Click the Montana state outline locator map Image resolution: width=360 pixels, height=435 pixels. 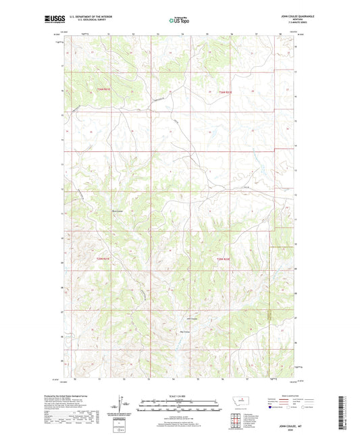[240, 403]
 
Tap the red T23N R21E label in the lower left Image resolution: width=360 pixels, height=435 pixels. [102, 257]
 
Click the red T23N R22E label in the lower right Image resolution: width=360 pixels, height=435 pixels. [224, 257]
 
